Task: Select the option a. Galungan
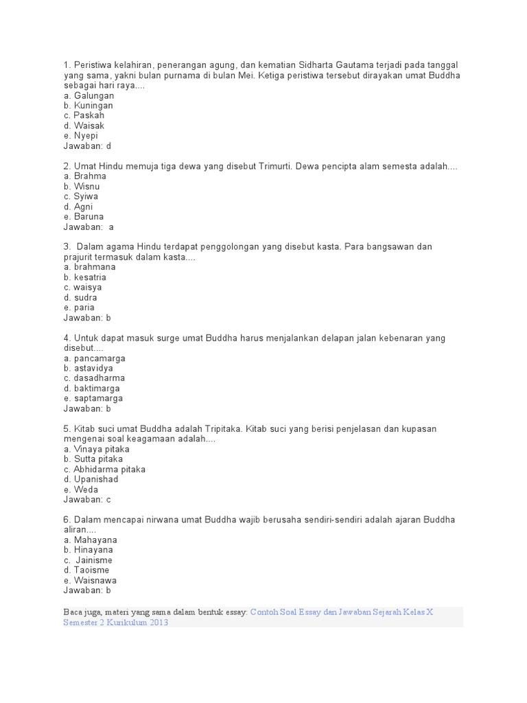(89, 95)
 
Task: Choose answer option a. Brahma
(84, 176)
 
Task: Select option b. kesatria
(85, 277)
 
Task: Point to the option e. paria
(79, 308)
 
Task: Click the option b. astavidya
(88, 368)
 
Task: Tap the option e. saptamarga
(93, 398)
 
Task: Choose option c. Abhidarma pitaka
(104, 469)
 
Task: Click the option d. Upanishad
(91, 479)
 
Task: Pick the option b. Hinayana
(88, 550)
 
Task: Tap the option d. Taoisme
(86, 570)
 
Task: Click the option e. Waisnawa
(89, 580)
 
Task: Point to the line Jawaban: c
(87, 499)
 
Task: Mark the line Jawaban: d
(87, 146)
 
